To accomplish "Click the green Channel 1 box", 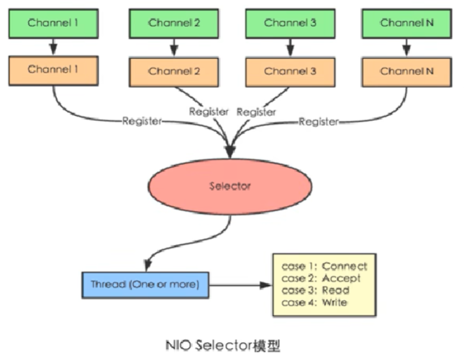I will pyautogui.click(x=53, y=23).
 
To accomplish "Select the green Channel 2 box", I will pyautogui.click(x=173, y=23).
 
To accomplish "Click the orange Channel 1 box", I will pyautogui.click(x=53, y=70).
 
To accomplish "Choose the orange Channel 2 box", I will pyautogui.click(x=173, y=71).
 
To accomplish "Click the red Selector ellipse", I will pyautogui.click(x=230, y=186).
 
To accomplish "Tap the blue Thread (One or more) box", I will pyautogui.click(x=145, y=284).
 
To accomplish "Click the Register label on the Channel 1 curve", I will pyautogui.click(x=142, y=120).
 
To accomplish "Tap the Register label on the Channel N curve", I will pyautogui.click(x=319, y=122).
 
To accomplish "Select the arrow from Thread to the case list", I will pyautogui.click(x=241, y=285).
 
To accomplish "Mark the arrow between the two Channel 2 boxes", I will pyautogui.click(x=173, y=47).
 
